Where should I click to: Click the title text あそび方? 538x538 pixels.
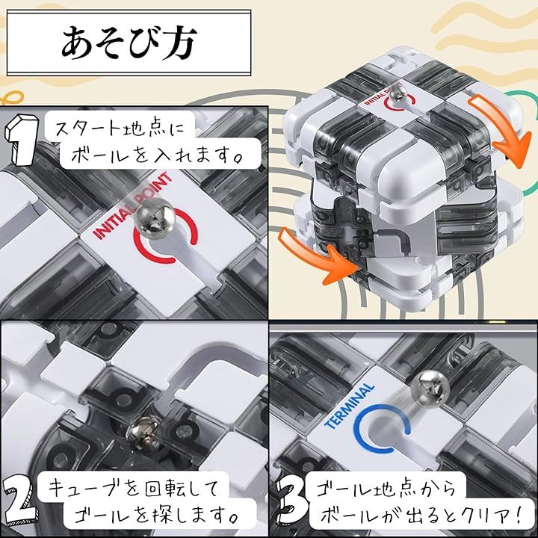(x=129, y=42)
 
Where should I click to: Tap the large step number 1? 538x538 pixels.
(x=21, y=140)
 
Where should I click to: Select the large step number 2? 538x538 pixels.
(x=18, y=501)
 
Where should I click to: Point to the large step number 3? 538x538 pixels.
(x=291, y=501)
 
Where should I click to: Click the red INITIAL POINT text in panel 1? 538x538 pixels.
(x=132, y=205)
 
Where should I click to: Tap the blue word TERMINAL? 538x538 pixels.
(x=349, y=406)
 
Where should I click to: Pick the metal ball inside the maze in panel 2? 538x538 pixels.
(x=143, y=433)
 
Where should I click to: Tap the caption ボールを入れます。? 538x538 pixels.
(x=157, y=155)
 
